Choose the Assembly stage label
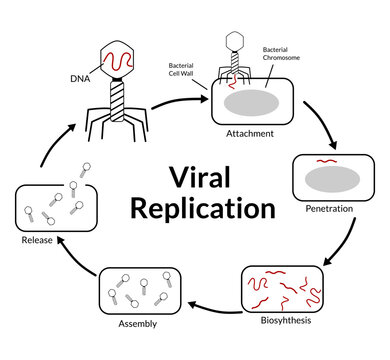click(137, 325)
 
